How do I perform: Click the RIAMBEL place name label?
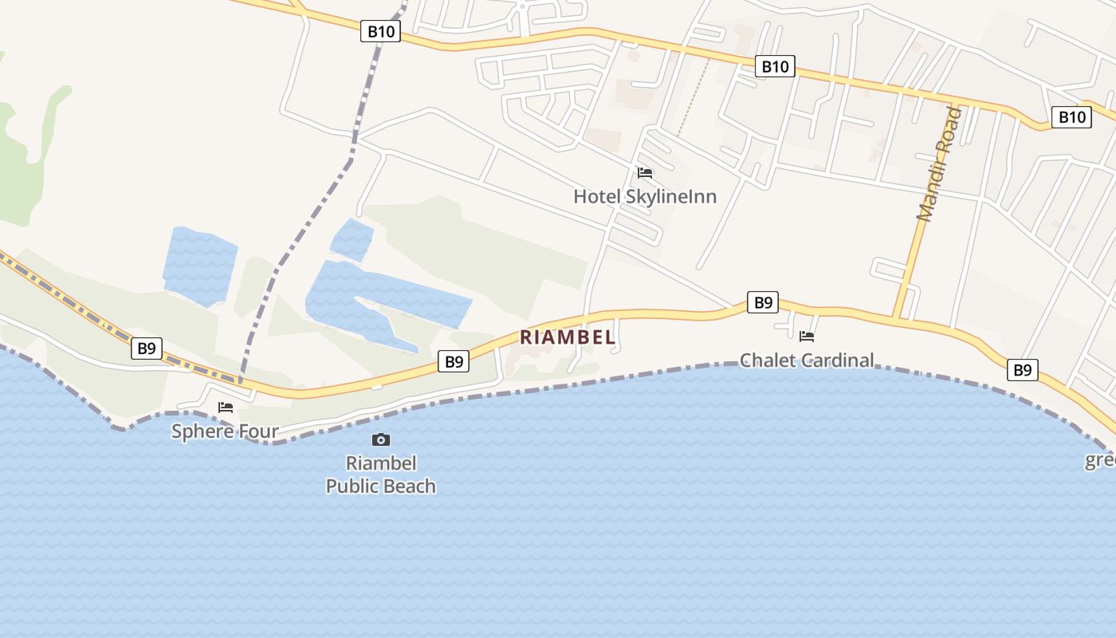[568, 337]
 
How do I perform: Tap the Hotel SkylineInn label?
[645, 196]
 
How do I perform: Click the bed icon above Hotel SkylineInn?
[645, 172]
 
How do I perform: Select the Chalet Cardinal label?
[807, 360]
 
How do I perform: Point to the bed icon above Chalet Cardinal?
[807, 337]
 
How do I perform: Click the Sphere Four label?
[226, 431]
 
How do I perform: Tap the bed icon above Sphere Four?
[226, 408]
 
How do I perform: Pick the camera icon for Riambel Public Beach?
[381, 439]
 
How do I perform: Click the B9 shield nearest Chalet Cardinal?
[763, 302]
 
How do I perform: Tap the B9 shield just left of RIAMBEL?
[454, 362]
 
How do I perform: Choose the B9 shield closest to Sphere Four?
[147, 348]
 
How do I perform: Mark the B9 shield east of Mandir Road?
[1022, 370]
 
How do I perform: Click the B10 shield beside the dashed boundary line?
[380, 32]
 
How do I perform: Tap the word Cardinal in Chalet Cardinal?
[836, 360]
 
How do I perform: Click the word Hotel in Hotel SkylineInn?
[595, 196]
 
